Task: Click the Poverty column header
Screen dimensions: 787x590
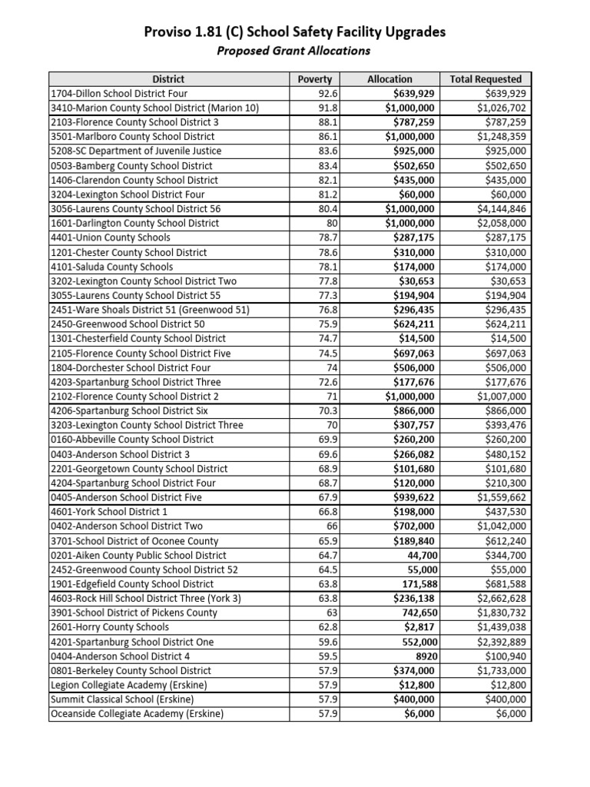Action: click(x=314, y=78)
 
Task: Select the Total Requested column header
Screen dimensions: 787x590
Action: click(x=486, y=78)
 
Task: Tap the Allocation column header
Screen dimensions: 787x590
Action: click(x=389, y=78)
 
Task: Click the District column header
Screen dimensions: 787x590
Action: click(x=168, y=78)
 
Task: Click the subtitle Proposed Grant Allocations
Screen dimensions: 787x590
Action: click(x=293, y=51)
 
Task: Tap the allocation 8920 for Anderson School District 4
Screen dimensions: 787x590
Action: click(x=425, y=656)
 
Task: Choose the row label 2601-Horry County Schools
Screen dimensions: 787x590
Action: click(x=109, y=627)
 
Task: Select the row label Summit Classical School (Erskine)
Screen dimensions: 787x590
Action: click(x=121, y=699)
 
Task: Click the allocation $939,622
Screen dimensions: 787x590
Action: click(x=409, y=497)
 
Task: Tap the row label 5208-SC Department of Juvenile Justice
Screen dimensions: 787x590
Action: click(x=135, y=151)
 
